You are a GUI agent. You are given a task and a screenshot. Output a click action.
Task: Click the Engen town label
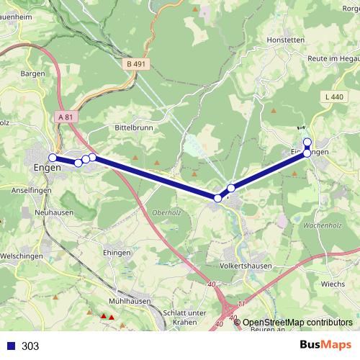point(48,168)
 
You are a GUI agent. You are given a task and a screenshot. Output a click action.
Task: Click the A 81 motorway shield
point(64,117)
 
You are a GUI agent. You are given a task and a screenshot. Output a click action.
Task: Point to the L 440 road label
point(335,96)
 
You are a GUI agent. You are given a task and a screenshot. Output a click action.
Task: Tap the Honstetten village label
point(287,40)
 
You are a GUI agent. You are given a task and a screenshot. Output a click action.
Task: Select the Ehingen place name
point(117,253)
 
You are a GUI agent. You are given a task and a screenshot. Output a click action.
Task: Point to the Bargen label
point(33,73)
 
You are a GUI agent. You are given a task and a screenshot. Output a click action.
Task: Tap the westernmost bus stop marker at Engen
point(53,158)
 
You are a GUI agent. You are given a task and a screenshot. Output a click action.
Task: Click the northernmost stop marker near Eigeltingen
point(307,142)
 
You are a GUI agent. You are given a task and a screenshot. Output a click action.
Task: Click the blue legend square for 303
point(10,346)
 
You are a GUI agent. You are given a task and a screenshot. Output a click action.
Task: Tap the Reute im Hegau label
point(333,58)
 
